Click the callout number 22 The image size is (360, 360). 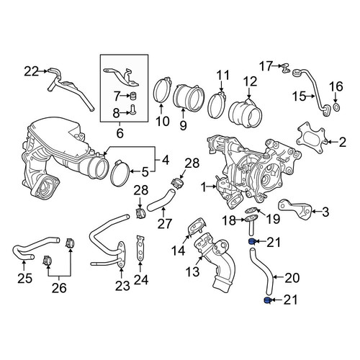coord(31,71)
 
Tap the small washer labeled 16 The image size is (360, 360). coord(336,107)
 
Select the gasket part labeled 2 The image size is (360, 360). coord(311,137)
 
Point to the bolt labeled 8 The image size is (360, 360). coord(132,110)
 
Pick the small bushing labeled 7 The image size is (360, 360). coord(132,96)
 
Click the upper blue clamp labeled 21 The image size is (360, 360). coord(251,241)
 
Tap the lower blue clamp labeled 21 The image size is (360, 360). coord(267,300)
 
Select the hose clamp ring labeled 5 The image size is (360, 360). coord(120,174)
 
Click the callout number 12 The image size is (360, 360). coord(250,81)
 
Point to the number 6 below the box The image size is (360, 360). coord(120,132)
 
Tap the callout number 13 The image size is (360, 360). coord(192,271)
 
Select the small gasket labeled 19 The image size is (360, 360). coord(252,210)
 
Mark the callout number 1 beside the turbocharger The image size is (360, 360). coord(204,187)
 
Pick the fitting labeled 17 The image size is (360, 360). coord(285,68)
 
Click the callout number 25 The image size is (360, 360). coord(24,279)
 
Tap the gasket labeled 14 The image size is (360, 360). coord(197,226)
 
